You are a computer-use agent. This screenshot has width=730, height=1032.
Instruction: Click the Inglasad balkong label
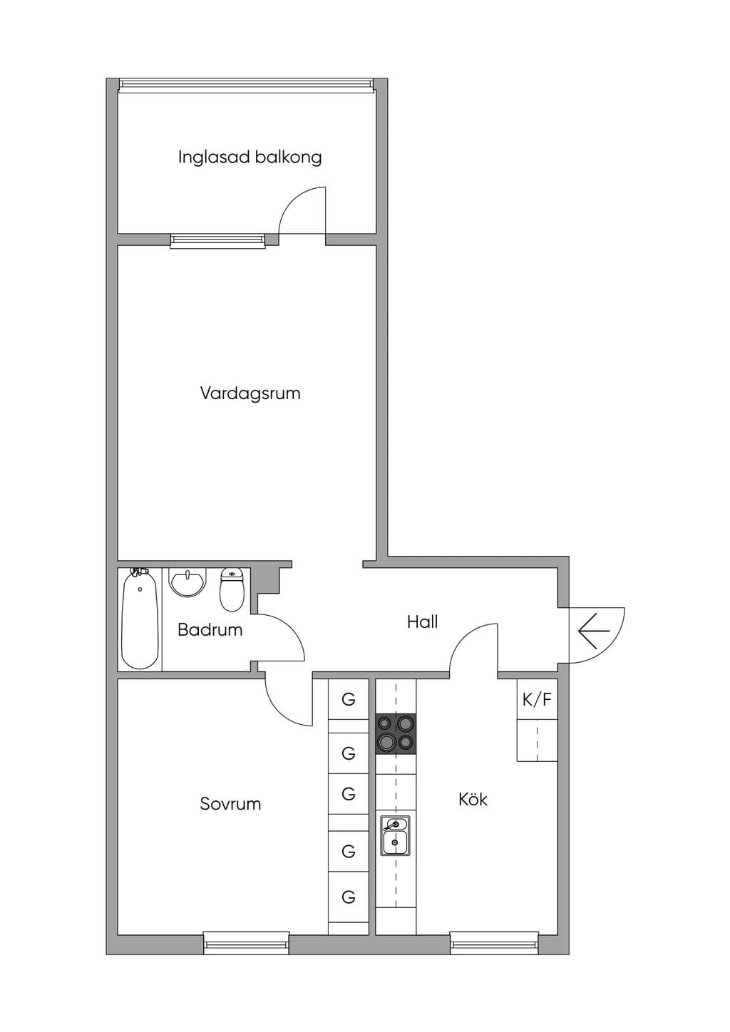coord(250,158)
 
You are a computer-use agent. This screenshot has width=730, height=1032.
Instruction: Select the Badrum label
coord(210,630)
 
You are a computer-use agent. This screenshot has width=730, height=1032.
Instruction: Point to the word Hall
coord(422,622)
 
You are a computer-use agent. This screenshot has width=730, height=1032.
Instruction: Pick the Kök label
coord(473,799)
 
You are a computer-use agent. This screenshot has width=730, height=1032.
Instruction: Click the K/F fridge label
coord(537,700)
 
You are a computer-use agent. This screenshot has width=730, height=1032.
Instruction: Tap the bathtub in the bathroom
coord(140,619)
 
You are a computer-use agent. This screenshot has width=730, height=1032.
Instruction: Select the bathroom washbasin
coord(187,582)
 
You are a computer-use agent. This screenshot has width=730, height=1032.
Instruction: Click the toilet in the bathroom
coord(232,590)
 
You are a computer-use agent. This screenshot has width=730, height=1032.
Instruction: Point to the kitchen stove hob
coord(396,734)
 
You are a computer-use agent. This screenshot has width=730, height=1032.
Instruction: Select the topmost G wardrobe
coord(349,699)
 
